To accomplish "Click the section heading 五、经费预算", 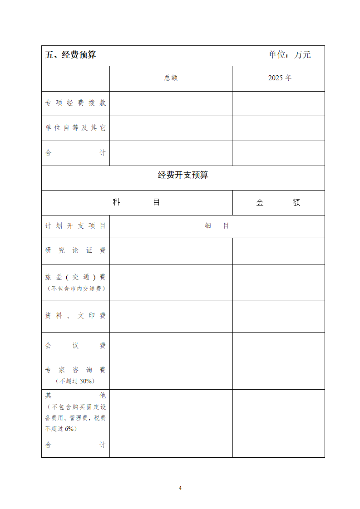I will click(x=71, y=55).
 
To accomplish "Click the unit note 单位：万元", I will click(x=290, y=55).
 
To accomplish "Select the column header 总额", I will click(x=171, y=78).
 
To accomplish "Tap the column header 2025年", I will click(x=280, y=78).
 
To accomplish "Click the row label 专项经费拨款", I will click(x=75, y=103).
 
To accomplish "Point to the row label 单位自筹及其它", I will click(x=75, y=128).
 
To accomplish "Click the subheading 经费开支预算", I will click(x=183, y=175).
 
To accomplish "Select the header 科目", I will click(x=137, y=202).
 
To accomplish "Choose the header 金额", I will click(x=278, y=203).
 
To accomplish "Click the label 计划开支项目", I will click(x=75, y=226).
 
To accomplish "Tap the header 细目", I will click(x=217, y=226).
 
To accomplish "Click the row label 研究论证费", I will click(x=75, y=250).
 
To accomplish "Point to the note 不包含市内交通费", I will click(x=75, y=289).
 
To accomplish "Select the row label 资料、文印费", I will click(x=75, y=316).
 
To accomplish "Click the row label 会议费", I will click(x=75, y=346).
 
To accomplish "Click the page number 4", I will click(x=180, y=488).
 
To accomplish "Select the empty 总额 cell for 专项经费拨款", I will click(x=171, y=103).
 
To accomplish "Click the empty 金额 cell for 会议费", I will click(x=279, y=346).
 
